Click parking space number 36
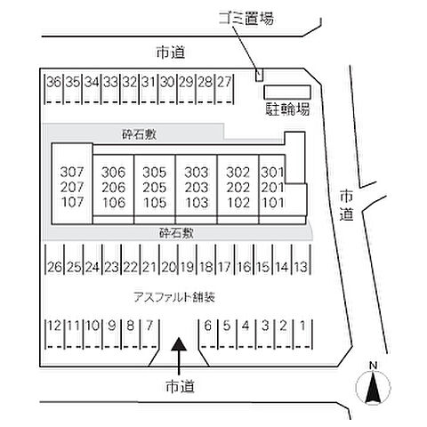point(53,82)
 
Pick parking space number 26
point(53,267)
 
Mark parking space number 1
point(303,326)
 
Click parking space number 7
point(149,326)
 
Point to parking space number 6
point(207,326)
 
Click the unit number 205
point(155,187)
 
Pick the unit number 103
point(196,202)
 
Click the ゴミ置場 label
point(245,17)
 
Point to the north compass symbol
point(374,387)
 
